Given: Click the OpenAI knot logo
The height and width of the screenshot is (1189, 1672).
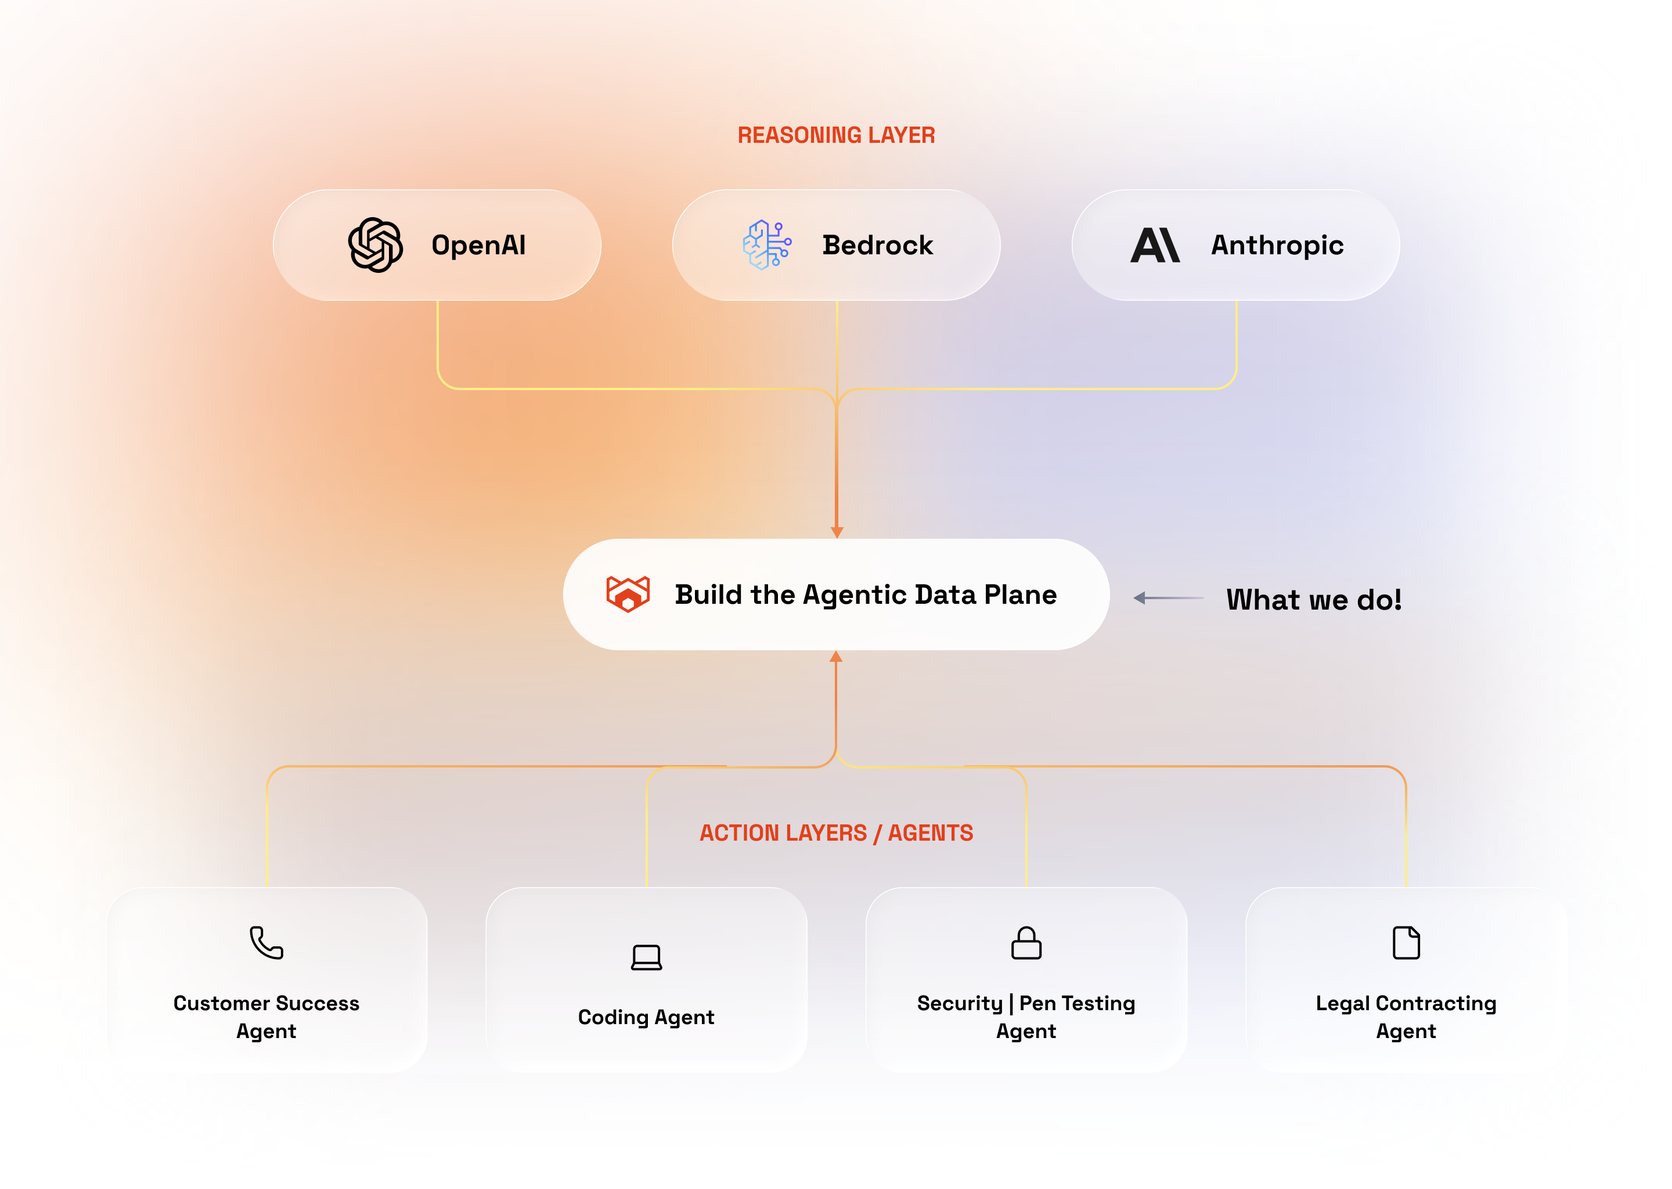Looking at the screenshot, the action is (x=375, y=244).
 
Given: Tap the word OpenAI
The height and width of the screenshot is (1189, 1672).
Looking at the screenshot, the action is (x=478, y=245).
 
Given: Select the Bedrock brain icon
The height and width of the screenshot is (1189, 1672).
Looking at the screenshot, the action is (x=766, y=244).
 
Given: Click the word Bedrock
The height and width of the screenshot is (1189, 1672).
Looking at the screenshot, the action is (x=877, y=245).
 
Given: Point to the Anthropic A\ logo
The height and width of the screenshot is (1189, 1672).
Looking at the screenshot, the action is (x=1155, y=244).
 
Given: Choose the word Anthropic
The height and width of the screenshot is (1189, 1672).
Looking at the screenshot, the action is (x=1277, y=245).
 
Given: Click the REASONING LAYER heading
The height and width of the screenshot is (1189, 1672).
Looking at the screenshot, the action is (x=836, y=135).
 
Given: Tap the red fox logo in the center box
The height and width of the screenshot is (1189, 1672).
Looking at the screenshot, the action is (x=628, y=594).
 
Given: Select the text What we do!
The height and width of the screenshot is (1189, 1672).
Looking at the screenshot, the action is (x=1313, y=600).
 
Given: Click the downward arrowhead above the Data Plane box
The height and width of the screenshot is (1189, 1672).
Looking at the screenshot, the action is (x=837, y=532).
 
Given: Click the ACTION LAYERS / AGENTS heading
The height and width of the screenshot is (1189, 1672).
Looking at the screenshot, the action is (x=836, y=833).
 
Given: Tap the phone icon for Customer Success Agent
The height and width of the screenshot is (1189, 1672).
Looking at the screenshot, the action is (x=266, y=942).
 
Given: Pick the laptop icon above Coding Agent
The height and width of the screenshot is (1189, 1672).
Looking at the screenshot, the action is (x=646, y=957).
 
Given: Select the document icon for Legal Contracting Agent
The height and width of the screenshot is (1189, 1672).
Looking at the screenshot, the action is (x=1406, y=942).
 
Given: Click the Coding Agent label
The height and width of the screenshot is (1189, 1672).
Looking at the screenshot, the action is (x=646, y=1017).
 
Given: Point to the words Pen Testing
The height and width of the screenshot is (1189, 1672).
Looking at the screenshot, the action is (x=1077, y=1003).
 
